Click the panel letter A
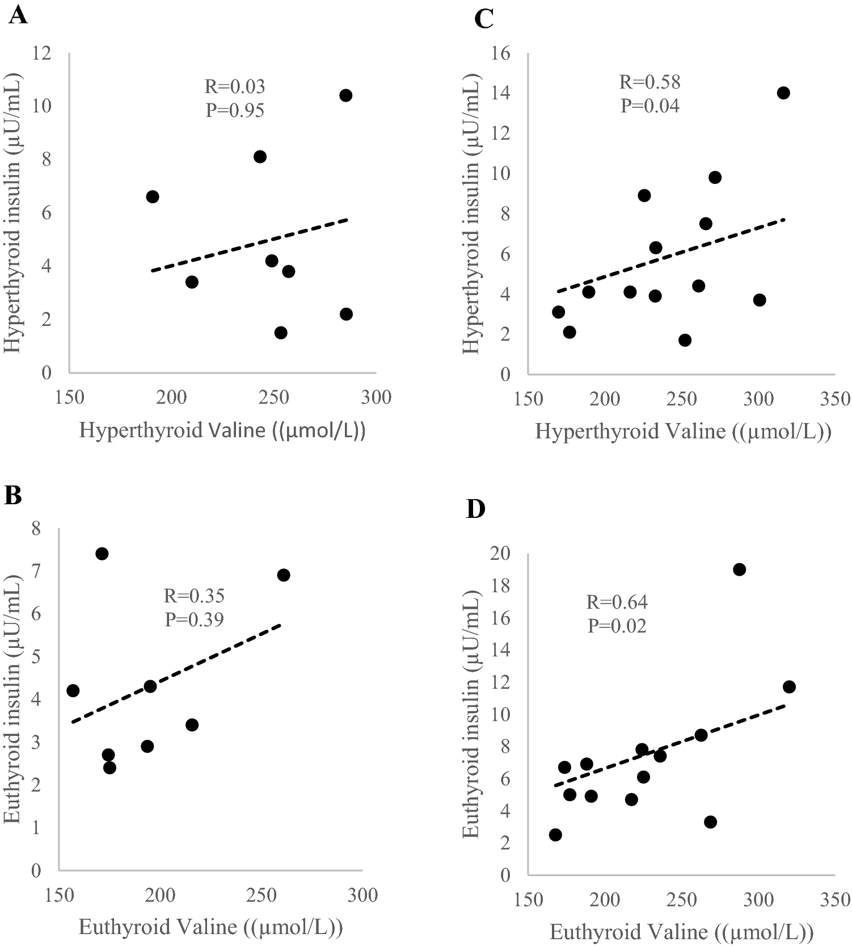click(18, 15)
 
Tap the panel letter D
click(475, 509)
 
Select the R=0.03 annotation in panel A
click(234, 87)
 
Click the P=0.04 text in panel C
click(649, 106)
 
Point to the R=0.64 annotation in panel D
click(617, 602)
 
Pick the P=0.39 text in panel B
click(194, 619)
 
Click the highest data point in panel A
click(345, 95)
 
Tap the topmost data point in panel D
click(739, 570)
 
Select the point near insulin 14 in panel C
click(783, 93)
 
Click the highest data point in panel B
click(102, 554)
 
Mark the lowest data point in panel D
click(555, 835)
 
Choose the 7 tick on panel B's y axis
click(36, 572)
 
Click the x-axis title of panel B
click(210, 927)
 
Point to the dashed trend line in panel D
click(669, 746)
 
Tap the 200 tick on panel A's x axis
click(171, 397)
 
